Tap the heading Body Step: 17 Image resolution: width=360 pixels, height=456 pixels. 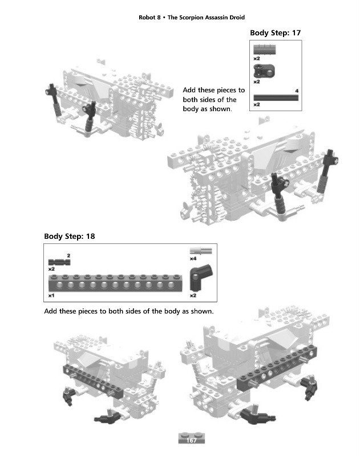tap(275, 33)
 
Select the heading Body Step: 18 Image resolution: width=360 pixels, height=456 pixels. tap(69, 236)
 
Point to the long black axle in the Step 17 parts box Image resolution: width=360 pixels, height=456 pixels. tap(276, 98)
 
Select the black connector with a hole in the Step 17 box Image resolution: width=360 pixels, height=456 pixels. tap(264, 72)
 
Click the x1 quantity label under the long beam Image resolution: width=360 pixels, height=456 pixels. tap(51, 296)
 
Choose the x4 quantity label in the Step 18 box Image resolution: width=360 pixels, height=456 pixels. tap(193, 259)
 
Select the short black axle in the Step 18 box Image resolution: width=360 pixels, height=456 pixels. tap(59, 262)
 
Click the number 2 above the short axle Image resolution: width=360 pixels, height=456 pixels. tap(68, 255)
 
